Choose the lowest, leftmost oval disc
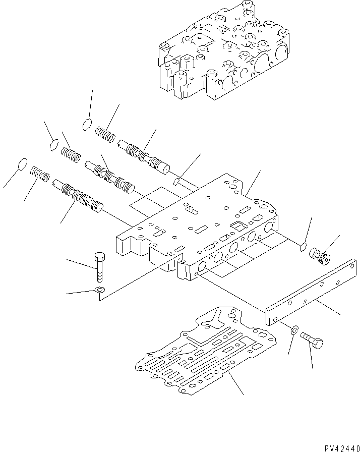coord(22,164)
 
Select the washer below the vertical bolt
coord(100,290)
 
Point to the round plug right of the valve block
coord(319,255)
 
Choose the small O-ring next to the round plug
coord(302,247)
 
